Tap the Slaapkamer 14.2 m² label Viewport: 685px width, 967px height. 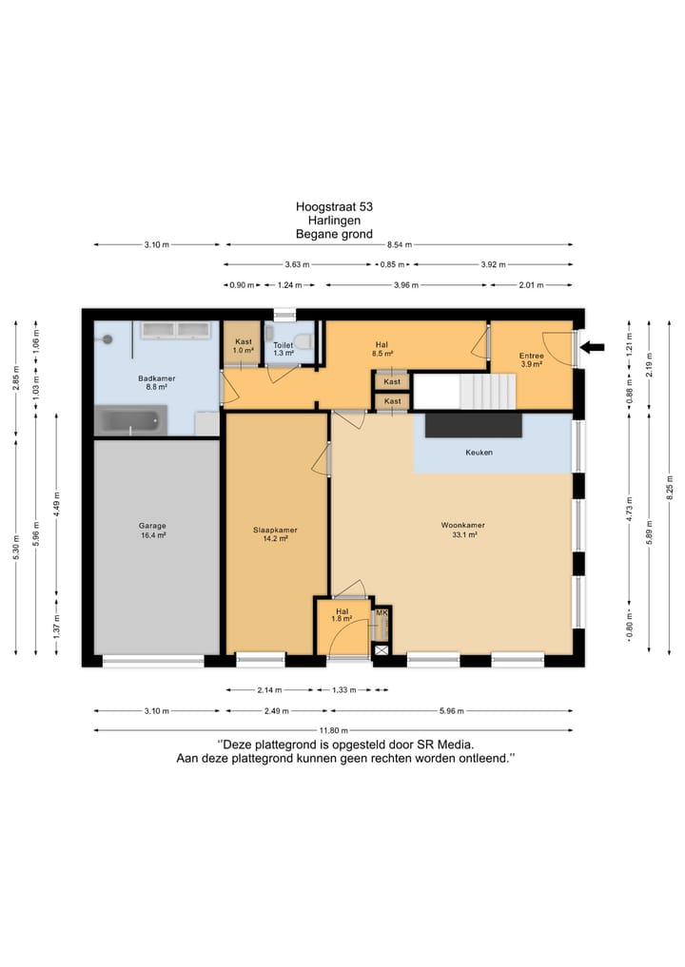[x=275, y=534]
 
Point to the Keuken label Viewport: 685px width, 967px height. [x=479, y=452]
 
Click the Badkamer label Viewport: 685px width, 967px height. [x=157, y=382]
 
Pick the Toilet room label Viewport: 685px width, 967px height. [x=284, y=349]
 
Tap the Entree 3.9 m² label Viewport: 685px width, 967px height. [x=531, y=360]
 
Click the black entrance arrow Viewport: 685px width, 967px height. [x=593, y=347]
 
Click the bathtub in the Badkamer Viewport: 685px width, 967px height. [x=131, y=420]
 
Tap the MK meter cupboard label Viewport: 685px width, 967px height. [x=382, y=612]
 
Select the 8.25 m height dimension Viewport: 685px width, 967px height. [x=670, y=488]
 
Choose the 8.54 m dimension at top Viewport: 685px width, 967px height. [x=399, y=244]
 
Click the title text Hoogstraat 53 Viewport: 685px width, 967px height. [x=334, y=206]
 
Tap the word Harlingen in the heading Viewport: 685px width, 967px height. [x=334, y=221]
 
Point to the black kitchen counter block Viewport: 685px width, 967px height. [x=474, y=425]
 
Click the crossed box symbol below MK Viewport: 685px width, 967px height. [x=382, y=649]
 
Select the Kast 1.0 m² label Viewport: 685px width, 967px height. [x=244, y=345]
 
